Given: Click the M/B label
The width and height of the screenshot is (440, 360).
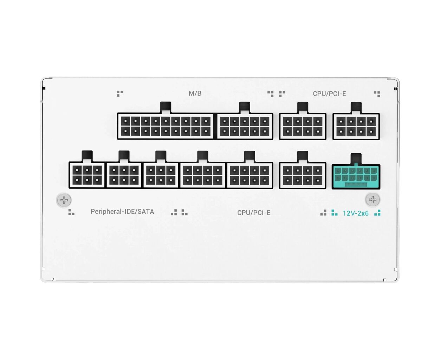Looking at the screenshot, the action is point(195,93).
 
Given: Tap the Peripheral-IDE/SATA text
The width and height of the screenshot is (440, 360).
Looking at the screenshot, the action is point(122,212).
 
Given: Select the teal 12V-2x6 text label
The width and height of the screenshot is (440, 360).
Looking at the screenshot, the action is point(356,213).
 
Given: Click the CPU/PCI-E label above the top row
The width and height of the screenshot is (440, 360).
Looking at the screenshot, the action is point(329,94).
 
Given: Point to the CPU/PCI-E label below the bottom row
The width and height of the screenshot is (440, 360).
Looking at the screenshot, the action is point(254,213).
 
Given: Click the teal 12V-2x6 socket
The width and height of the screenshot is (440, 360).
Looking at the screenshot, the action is point(356,176).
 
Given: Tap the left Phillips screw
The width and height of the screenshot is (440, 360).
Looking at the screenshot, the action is point(64,200).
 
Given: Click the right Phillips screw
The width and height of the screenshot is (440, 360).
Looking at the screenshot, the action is point(373,200).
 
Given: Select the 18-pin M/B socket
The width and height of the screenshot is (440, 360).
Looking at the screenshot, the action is point(166,126).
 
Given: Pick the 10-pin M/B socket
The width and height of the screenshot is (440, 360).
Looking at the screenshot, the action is point(245,126).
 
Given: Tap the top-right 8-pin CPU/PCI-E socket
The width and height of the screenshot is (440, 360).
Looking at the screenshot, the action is point(356,127).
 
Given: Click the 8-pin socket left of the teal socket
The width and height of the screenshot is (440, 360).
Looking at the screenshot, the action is point(303,175).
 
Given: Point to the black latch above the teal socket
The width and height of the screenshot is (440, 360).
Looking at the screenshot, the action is point(356,159).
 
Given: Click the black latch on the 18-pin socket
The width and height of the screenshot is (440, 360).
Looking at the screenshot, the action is point(166,107).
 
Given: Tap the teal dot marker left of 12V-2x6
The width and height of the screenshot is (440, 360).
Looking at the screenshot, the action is point(334,213).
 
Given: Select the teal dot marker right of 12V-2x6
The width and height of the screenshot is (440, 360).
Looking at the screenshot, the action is point(377,213).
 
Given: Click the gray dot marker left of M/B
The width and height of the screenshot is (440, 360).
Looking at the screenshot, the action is point(120,94).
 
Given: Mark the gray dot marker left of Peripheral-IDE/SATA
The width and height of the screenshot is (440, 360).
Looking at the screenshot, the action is point(71,212).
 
